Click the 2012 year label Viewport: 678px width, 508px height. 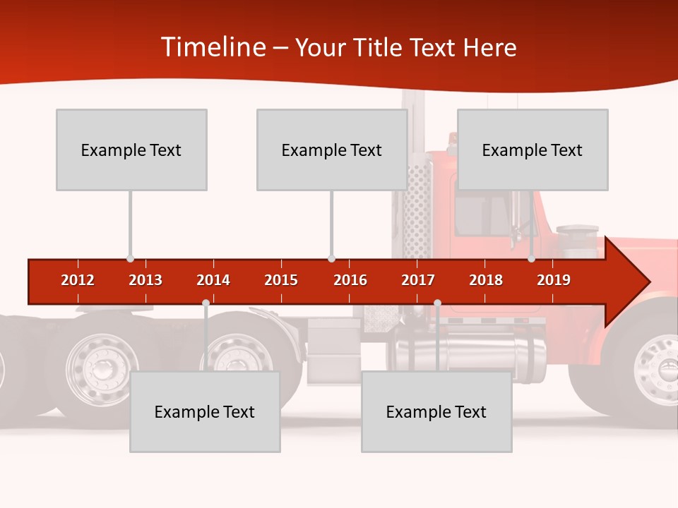(x=78, y=280)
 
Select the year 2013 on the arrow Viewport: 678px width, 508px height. (x=145, y=280)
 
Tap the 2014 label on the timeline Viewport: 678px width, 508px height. (x=213, y=280)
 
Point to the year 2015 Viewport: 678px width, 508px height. (x=281, y=280)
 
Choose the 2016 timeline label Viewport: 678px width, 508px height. (x=350, y=280)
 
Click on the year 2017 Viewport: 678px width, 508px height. (x=418, y=280)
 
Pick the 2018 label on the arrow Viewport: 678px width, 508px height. (x=486, y=280)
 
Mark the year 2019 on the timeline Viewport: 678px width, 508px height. (x=554, y=280)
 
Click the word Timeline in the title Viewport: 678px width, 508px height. (x=212, y=47)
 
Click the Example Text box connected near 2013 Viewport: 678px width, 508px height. (x=131, y=150)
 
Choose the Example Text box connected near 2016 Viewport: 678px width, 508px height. (x=332, y=150)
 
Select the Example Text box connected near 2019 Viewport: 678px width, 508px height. (x=533, y=150)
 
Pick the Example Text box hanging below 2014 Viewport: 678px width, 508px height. (x=205, y=411)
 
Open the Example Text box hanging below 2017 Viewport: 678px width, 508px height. (x=436, y=411)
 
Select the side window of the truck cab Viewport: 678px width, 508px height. (x=482, y=215)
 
